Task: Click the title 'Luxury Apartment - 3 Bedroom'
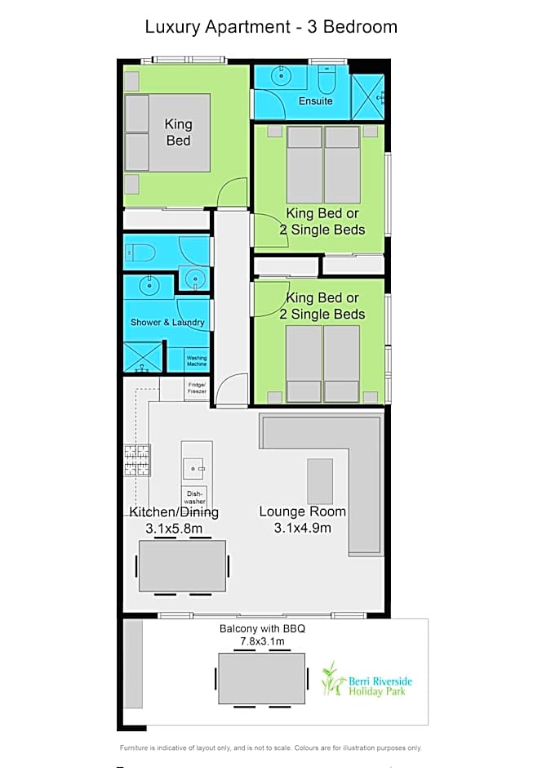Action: (271, 27)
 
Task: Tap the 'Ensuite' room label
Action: (316, 100)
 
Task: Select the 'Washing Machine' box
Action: (197, 360)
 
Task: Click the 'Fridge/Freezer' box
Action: (198, 388)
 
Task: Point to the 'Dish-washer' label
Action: (195, 497)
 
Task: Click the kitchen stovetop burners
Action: (137, 460)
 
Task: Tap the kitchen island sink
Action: (194, 469)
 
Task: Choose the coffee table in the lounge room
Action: (320, 481)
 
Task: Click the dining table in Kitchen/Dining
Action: (183, 565)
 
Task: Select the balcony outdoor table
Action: (262, 678)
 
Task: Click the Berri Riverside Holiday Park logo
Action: (367, 680)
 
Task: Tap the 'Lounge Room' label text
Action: (302, 511)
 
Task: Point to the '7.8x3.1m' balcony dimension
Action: (262, 641)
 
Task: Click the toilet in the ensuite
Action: (327, 80)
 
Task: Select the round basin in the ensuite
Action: (281, 76)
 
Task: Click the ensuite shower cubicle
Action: (368, 97)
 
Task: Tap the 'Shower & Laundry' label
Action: (167, 322)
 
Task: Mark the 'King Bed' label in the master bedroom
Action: (178, 132)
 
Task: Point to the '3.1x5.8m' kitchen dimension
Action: (174, 529)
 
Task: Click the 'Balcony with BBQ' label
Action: (262, 628)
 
